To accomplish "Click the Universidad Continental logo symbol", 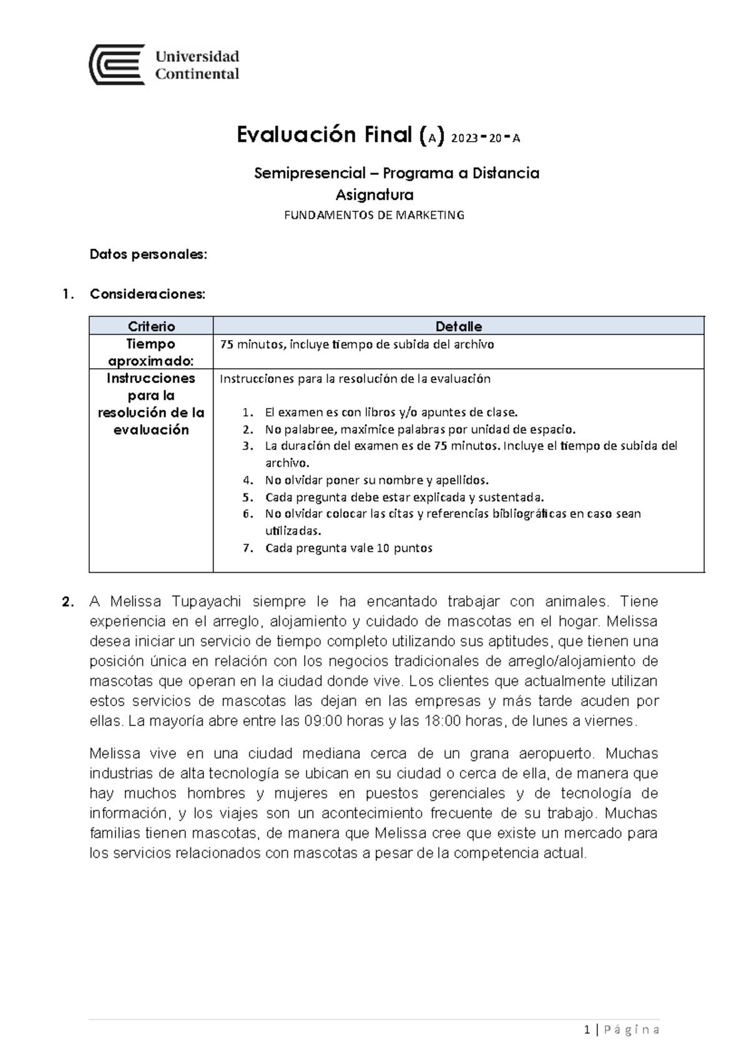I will point(117,64).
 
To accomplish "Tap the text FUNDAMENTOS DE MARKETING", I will point(374,215).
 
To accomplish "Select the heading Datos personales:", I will point(148,255).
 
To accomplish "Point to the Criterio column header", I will point(151,326).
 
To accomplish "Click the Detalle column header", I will point(458,326).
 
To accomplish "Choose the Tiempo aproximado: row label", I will point(151,352).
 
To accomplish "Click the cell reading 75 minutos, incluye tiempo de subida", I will point(356,344).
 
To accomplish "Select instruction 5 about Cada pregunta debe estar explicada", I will point(404,497).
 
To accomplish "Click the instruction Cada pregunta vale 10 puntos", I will point(348,548).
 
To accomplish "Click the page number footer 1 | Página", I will point(621,1030).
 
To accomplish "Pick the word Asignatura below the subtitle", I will point(374,195).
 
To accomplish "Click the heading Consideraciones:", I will point(147,294).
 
